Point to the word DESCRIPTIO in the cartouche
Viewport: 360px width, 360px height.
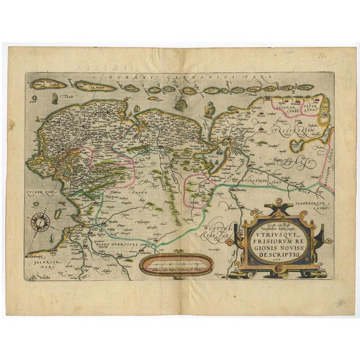coord(277,254)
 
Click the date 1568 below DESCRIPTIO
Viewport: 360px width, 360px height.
coord(276,261)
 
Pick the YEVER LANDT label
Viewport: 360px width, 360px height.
coord(309,105)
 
